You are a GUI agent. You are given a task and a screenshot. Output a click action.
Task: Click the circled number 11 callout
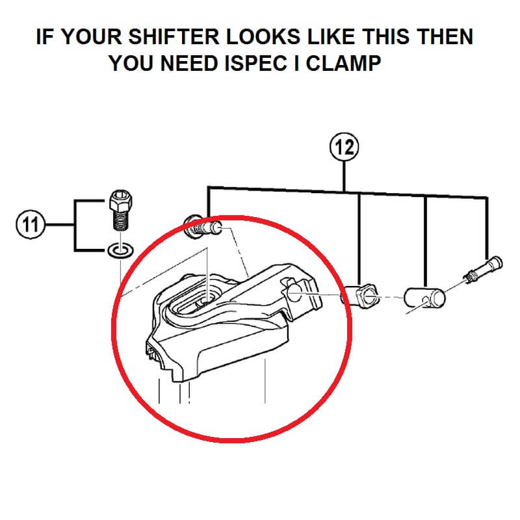pyautogui.click(x=30, y=224)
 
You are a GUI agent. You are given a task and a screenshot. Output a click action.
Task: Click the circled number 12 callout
pyautogui.click(x=344, y=147)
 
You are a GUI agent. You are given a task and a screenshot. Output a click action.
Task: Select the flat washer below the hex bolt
pyautogui.click(x=121, y=250)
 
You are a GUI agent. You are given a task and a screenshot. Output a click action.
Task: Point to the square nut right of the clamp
pyautogui.click(x=361, y=295)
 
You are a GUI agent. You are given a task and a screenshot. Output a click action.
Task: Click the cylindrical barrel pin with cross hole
pyautogui.click(x=424, y=298)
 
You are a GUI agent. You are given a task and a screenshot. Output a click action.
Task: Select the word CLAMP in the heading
pyautogui.click(x=343, y=63)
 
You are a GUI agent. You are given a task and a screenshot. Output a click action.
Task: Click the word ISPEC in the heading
pyautogui.click(x=255, y=63)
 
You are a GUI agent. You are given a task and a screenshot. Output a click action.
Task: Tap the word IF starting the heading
pyautogui.click(x=44, y=36)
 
